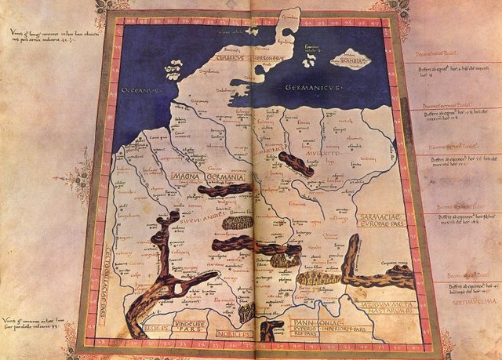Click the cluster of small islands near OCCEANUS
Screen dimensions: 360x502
click(174, 73)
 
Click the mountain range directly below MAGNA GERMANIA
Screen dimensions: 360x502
click(225, 190)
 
